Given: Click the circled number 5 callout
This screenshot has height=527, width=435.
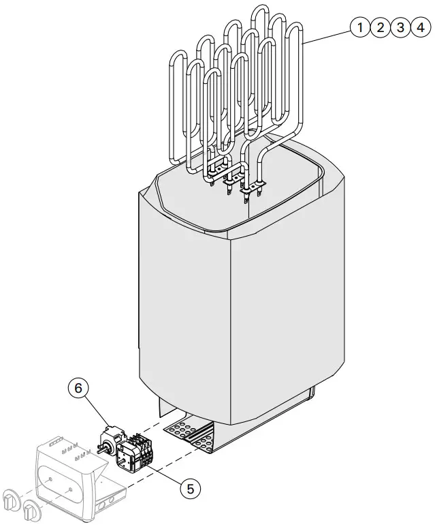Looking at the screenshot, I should tap(191, 487).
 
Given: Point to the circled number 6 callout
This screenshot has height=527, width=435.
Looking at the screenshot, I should tap(78, 388).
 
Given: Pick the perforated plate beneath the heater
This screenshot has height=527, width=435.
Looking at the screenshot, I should tap(187, 433).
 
